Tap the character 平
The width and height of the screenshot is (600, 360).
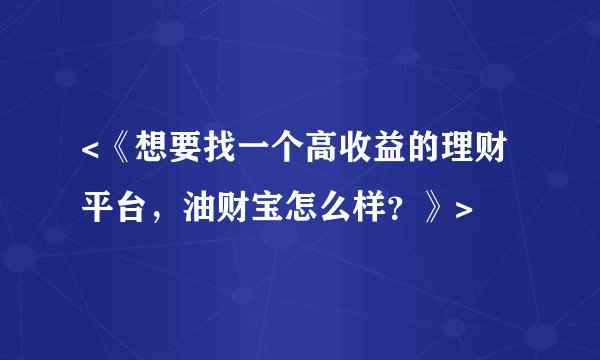tap(98, 208)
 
